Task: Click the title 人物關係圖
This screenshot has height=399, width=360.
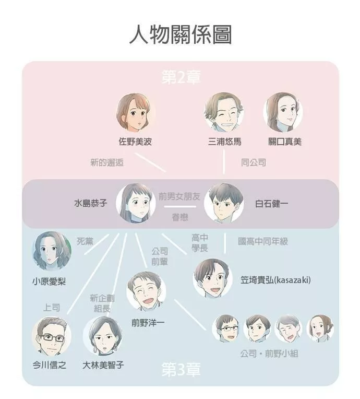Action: coord(181,35)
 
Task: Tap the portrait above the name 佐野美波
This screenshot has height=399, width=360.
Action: coord(136,112)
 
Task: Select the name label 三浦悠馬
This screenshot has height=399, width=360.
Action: coord(224,142)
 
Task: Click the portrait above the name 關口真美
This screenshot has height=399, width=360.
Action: coord(283,112)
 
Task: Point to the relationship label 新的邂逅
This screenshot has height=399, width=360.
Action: coord(107,162)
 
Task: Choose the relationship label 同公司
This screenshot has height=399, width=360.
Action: coord(254,162)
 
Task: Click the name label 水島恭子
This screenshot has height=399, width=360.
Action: coord(91,203)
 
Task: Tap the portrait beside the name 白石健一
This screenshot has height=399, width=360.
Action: coord(224,203)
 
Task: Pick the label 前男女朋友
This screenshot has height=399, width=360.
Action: coord(179,196)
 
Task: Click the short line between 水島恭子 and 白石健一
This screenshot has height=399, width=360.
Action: coord(180,206)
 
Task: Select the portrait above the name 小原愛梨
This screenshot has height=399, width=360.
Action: coord(52,251)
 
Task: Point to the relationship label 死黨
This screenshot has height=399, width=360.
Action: coord(85,241)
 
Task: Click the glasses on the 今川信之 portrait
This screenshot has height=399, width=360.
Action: coord(52,338)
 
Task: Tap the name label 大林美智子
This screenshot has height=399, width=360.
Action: coord(103,365)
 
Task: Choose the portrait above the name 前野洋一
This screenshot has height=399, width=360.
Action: coord(146,291)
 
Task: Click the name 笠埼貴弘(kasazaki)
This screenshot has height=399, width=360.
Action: coord(275,280)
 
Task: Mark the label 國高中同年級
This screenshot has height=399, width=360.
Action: coord(263,241)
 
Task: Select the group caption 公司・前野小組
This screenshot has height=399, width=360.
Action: coord(269,354)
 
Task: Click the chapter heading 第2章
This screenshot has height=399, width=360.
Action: coord(181,77)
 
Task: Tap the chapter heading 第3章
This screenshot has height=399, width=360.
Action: coord(181,369)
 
